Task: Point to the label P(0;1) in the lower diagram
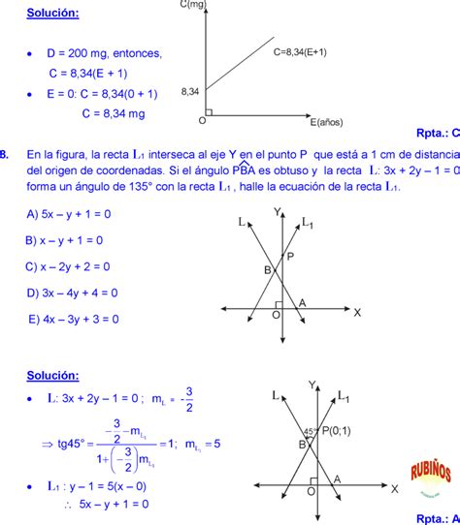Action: point(337,430)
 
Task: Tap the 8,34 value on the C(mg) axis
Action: point(190,91)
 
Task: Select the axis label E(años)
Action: point(328,123)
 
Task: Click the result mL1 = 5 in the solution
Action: point(203,444)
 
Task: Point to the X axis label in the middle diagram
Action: point(357,312)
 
